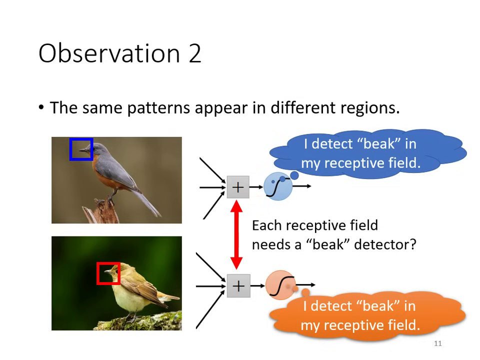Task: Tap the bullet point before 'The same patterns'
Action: pos(41,107)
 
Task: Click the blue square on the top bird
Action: pos(81,149)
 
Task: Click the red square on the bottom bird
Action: pos(108,273)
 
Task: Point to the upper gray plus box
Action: pos(238,187)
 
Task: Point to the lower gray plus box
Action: pos(238,286)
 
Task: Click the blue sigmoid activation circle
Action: pos(277,186)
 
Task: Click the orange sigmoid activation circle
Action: pos(280,285)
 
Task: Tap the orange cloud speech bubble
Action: pos(367,315)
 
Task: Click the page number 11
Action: pos(438,343)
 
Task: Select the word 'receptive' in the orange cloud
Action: pos(359,325)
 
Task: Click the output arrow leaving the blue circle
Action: pos(302,186)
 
